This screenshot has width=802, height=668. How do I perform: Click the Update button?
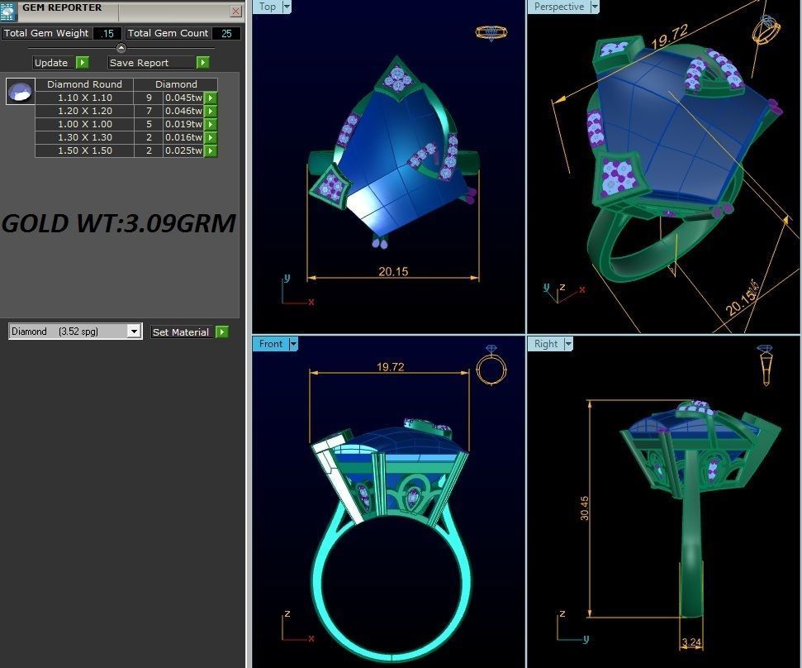51,63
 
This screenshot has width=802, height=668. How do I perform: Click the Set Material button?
180,332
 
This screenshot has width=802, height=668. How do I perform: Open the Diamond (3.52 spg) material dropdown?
134,332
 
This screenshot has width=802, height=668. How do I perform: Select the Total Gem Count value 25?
226,34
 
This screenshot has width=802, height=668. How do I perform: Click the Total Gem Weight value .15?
107,34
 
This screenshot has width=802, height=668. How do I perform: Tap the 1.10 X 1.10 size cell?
84,98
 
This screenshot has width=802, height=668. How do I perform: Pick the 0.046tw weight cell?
183,111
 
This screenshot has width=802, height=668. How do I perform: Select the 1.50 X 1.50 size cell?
84,150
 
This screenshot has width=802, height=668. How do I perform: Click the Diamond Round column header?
84,84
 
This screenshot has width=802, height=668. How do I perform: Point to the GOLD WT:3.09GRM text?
119,223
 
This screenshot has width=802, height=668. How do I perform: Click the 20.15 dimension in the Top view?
393,271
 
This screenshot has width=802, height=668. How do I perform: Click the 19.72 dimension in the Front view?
390,367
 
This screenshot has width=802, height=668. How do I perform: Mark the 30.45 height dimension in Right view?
584,508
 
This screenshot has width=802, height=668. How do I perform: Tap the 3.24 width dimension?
691,642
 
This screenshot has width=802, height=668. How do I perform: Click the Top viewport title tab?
268,7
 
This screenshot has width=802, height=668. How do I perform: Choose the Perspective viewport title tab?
558,7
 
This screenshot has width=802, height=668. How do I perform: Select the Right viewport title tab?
546,344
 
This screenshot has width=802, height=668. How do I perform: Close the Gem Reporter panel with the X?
236,11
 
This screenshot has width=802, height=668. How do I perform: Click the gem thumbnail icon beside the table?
21,91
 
